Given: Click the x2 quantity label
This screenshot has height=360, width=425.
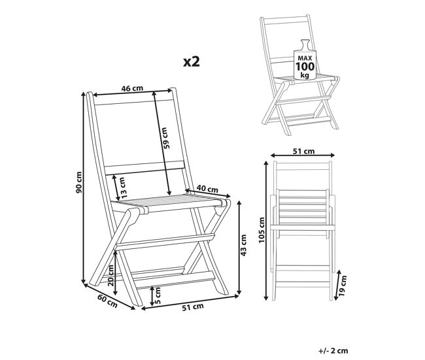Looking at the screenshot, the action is (x=192, y=61).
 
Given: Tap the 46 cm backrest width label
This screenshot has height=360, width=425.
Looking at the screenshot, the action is (x=132, y=88).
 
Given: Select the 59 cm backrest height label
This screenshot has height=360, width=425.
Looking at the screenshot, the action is (x=167, y=138).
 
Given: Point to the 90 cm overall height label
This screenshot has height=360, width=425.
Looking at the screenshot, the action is (x=79, y=182).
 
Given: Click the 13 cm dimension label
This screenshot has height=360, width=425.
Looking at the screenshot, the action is (x=122, y=187).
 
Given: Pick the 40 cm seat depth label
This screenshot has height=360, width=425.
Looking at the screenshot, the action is (x=207, y=189).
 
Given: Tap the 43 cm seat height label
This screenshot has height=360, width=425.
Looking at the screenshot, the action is (x=243, y=245).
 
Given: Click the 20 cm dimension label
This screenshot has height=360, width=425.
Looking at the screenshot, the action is (x=111, y=275).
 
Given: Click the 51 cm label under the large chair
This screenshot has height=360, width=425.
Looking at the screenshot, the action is (x=192, y=306).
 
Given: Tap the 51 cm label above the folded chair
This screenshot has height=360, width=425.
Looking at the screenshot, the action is (x=303, y=151).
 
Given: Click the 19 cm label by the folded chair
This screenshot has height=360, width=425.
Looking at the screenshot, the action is (x=343, y=286).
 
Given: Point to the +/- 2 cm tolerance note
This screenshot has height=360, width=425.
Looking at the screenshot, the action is (x=333, y=350).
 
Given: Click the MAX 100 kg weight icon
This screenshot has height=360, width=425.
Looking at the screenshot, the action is (x=305, y=60).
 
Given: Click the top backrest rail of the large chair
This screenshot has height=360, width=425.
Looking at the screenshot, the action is (x=133, y=102).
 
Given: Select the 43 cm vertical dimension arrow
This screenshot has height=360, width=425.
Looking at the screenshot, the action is (x=239, y=248).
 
